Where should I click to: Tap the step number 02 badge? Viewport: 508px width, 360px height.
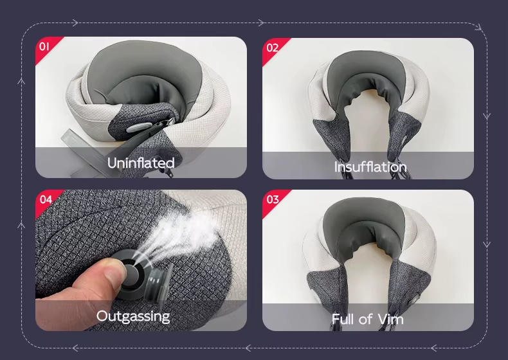point(272,48)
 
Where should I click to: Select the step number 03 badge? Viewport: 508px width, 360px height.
point(273,199)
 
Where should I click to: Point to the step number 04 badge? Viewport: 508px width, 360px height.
point(46,199)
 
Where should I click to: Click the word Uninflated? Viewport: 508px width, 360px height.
point(141,163)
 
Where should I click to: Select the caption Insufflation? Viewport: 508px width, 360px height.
point(370,167)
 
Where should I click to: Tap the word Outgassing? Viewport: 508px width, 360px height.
point(133,316)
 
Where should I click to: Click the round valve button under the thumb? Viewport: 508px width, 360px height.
point(132,274)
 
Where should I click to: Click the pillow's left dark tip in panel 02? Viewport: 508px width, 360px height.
point(331,139)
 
